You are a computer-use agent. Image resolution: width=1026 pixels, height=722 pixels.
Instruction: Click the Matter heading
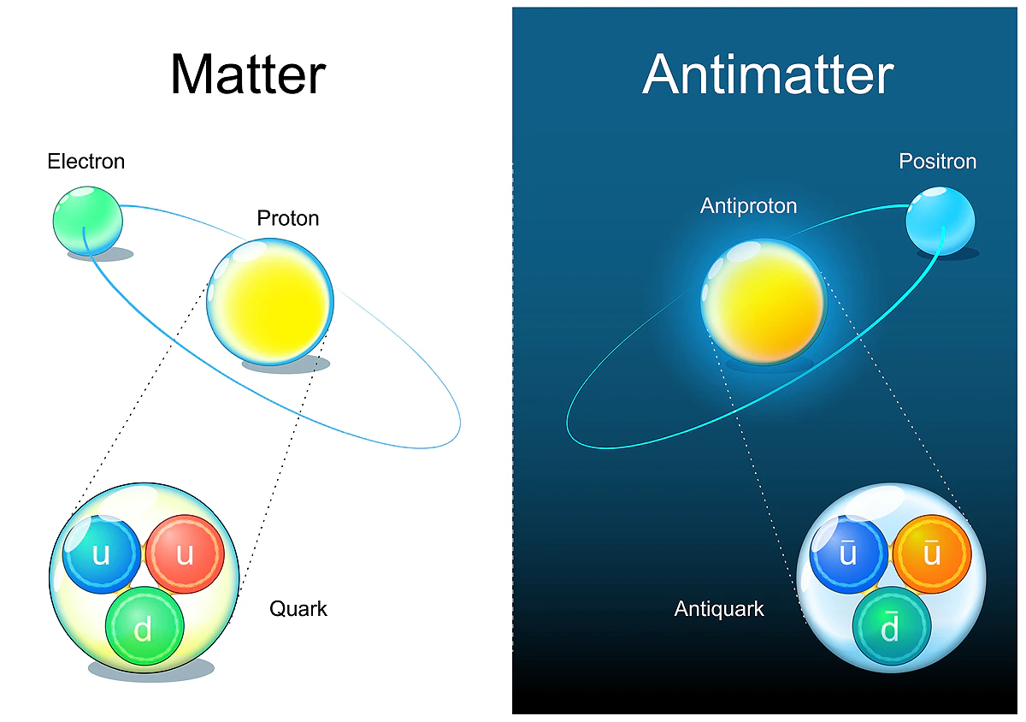pos(248,74)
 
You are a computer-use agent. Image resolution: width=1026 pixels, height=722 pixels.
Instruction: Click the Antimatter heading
pos(767,74)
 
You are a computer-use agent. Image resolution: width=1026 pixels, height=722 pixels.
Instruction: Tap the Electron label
pos(86,161)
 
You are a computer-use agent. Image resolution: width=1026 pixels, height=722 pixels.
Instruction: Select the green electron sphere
pos(88,220)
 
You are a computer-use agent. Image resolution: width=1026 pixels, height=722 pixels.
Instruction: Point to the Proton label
pos(288,218)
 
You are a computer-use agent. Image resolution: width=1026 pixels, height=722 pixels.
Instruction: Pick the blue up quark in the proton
pos(102,554)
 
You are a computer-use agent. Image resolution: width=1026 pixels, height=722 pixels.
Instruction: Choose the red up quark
pos(184,554)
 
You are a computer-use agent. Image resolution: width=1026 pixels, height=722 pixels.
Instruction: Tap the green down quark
pos(144,629)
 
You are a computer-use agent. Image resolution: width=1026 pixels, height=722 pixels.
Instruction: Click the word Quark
pos(298,609)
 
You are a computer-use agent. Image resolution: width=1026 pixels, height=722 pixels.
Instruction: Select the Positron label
pos(937,161)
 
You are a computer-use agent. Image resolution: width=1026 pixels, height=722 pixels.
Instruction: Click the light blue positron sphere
pos(940,222)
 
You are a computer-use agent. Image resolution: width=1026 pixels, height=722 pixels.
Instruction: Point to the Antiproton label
pos(748,205)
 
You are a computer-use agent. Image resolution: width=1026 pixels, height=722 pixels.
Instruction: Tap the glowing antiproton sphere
pos(764,302)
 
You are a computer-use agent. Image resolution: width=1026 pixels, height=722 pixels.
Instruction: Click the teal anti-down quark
pos(890,629)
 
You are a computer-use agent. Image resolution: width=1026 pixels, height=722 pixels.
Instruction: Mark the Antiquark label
pos(719,609)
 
